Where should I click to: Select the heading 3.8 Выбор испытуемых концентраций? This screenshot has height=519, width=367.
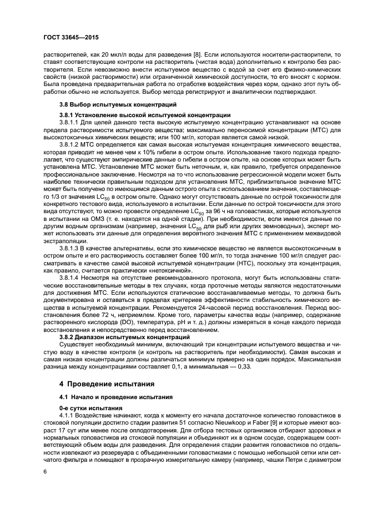coord(110,104)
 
